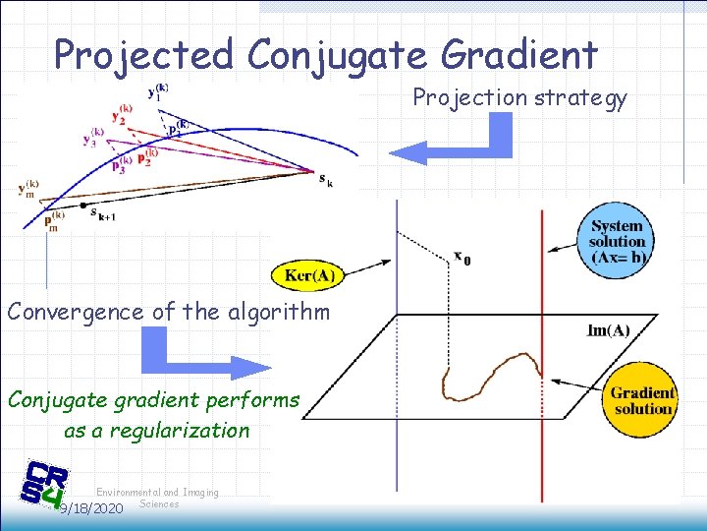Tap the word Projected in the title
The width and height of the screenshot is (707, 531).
point(143,55)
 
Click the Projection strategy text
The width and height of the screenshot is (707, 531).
point(518,98)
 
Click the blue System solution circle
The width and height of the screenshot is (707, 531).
point(617,242)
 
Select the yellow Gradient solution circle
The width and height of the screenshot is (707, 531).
point(641,399)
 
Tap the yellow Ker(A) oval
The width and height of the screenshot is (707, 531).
point(309,275)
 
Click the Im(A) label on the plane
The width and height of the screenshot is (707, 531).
point(608,330)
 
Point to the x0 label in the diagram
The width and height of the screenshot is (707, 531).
point(462,259)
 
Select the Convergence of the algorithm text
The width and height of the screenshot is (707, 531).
point(169,312)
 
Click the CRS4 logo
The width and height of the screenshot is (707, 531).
point(44,485)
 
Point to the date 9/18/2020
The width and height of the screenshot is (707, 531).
point(90,508)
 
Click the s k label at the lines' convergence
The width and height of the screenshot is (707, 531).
point(324,178)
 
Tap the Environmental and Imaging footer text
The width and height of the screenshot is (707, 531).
point(157,493)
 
